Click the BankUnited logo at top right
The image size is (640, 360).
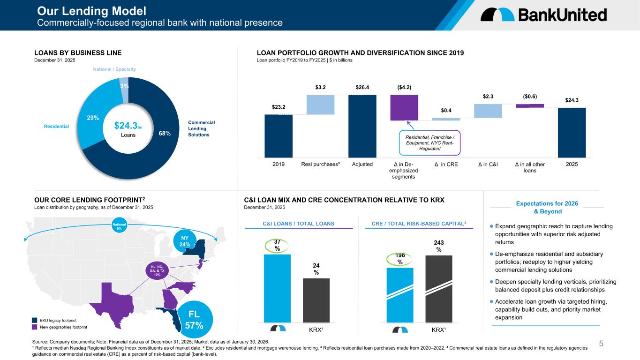click(543, 15)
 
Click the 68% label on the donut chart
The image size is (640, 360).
click(165, 134)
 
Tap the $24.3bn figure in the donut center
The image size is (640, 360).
click(128, 126)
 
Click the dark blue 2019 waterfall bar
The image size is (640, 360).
click(278, 136)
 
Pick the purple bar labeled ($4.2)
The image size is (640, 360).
click(404, 107)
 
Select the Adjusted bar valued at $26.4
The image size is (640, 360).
click(362, 126)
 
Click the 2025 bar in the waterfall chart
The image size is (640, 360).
click(572, 133)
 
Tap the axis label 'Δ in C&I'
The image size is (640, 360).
click(488, 165)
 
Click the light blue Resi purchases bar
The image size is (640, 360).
click(320, 105)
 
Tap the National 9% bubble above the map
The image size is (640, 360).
click(120, 227)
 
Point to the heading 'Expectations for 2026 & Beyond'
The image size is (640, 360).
click(547, 207)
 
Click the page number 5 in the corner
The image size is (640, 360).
click(627, 345)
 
